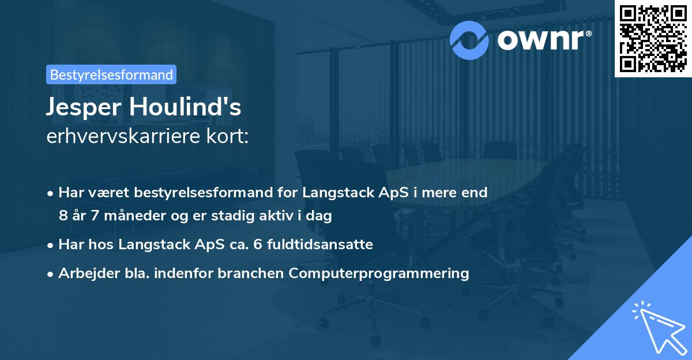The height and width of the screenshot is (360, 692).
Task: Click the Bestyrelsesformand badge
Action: (x=111, y=74)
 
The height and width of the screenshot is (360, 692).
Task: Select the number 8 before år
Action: (x=62, y=216)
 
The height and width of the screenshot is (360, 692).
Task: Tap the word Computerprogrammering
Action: (x=392, y=273)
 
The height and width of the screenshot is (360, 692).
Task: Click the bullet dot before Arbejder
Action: (x=51, y=274)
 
